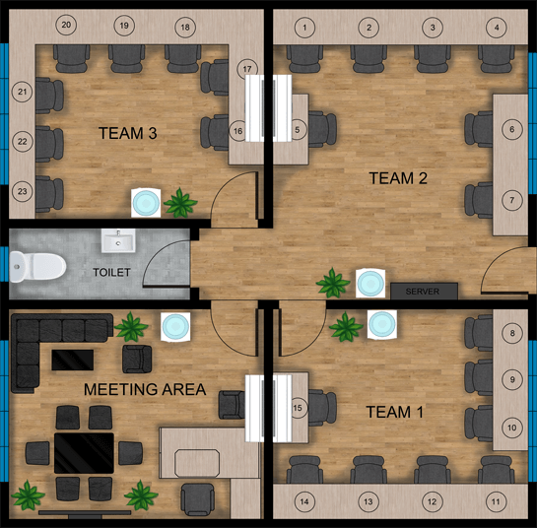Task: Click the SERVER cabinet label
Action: (x=424, y=292)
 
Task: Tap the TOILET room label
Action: (x=111, y=271)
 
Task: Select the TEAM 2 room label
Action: (x=397, y=178)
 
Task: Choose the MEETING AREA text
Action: (x=145, y=389)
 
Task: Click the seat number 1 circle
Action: (x=305, y=27)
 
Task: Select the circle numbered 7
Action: (x=511, y=200)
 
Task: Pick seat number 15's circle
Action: (x=297, y=406)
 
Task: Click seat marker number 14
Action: (x=304, y=502)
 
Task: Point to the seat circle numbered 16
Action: (x=237, y=130)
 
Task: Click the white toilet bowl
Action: (x=42, y=263)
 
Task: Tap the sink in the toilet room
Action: (x=118, y=240)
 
